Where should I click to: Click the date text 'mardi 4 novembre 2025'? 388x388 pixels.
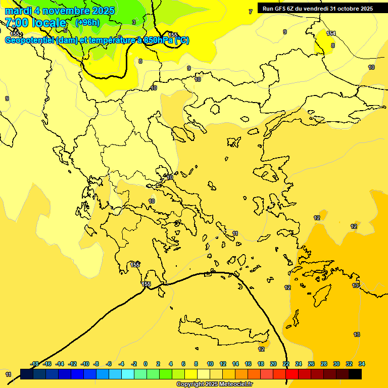click(60, 11)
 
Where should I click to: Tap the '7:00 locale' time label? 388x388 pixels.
click(35, 23)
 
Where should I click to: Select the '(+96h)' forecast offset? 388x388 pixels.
click(87, 22)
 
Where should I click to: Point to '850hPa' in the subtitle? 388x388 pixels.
click(159, 40)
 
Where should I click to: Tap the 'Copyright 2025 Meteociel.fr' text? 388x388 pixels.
click(214, 384)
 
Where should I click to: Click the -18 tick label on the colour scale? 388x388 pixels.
click(34, 364)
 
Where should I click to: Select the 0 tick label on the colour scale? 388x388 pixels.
click(145, 364)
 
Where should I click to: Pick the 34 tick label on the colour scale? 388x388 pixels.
click(362, 364)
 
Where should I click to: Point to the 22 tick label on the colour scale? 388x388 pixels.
click(286, 364)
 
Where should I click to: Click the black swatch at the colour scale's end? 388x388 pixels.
click(355, 374)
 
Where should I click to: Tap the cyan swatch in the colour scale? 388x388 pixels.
click(128, 374)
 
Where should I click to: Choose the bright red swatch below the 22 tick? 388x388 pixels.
click(292, 374)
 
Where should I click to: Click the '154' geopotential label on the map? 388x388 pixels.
click(331, 33)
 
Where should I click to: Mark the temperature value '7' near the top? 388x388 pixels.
click(250, 12)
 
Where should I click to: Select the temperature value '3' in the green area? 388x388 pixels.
click(133, 22)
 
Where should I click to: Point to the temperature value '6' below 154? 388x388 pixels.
click(332, 45)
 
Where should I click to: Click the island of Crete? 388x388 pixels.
click(222, 331)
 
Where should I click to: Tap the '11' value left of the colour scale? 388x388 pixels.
click(8, 374)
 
